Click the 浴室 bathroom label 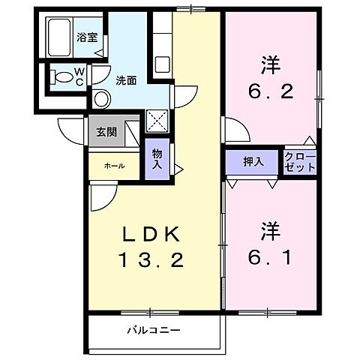pos(87,36)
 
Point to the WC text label pos(78,76)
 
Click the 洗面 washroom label pos(125,79)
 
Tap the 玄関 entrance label pos(106,132)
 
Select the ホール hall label pos(114,166)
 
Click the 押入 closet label pos(253,162)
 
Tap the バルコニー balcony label pos(154,329)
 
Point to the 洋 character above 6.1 pos(271,228)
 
